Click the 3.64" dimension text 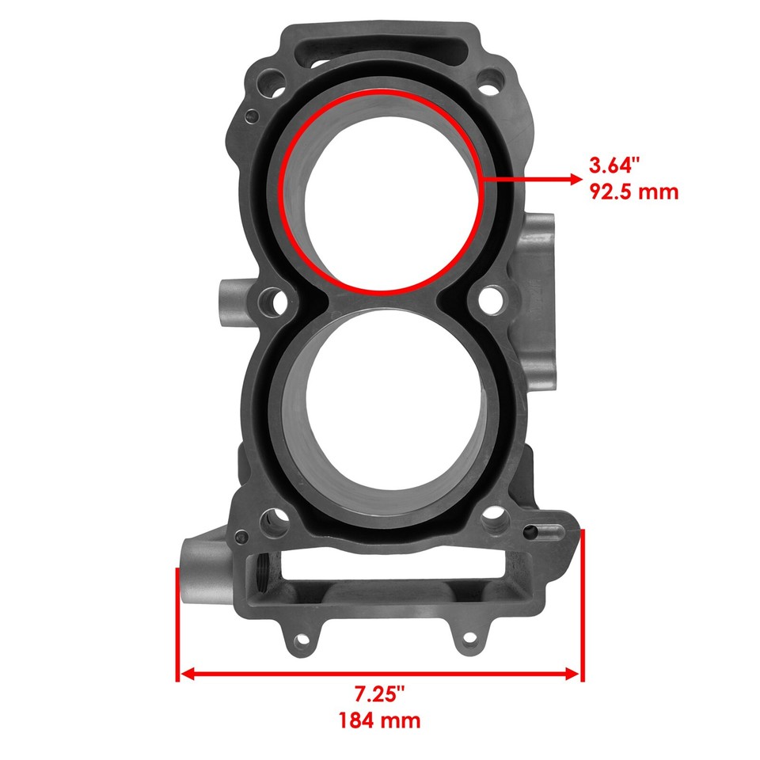(x=613, y=166)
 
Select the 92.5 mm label (x=633, y=192)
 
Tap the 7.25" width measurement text (x=379, y=694)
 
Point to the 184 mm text (x=379, y=720)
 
